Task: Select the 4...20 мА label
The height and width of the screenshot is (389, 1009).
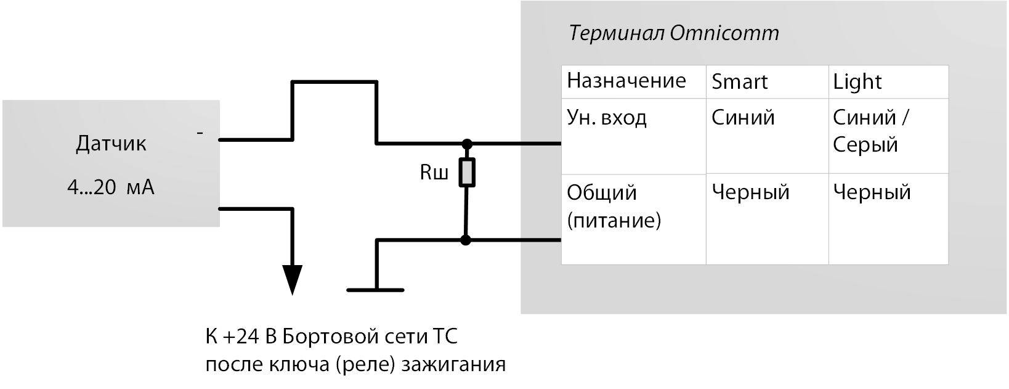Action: click(x=111, y=187)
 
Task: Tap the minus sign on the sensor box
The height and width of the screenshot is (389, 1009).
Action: click(x=200, y=132)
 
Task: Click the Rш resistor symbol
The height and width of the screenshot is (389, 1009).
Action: click(x=467, y=172)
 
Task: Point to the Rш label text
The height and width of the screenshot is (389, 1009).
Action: click(x=434, y=173)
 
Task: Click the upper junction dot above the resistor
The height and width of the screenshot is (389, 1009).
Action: click(x=467, y=144)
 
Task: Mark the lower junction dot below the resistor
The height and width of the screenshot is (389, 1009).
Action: click(x=466, y=240)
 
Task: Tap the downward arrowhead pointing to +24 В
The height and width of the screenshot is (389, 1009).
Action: click(x=292, y=279)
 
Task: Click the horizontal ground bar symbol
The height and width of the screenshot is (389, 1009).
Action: click(x=375, y=290)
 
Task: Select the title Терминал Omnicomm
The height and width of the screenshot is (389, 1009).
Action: click(x=674, y=33)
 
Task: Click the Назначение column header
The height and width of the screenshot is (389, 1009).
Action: click(x=626, y=81)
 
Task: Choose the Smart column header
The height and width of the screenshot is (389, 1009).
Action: click(x=739, y=82)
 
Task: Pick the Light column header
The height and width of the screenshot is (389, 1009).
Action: click(x=857, y=82)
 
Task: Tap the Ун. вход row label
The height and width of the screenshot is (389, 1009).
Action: click(x=606, y=118)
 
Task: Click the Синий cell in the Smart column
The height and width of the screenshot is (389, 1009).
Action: click(x=743, y=118)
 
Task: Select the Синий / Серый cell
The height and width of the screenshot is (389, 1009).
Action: click(x=870, y=131)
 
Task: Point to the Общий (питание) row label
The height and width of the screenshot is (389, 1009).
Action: click(x=614, y=206)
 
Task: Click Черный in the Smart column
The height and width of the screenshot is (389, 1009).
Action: click(x=750, y=192)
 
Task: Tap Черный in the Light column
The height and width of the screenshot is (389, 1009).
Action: click(x=872, y=192)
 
